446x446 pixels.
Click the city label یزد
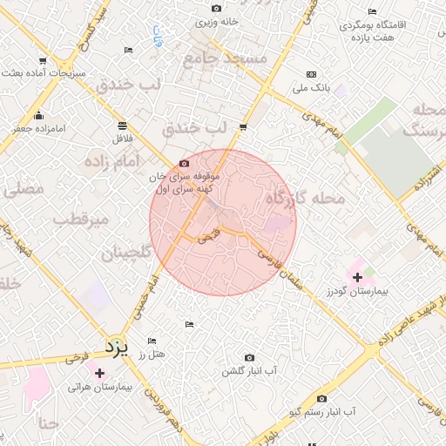click(117, 346)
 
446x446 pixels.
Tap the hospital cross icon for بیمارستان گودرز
click(357, 277)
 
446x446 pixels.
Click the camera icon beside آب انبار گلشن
click(250, 357)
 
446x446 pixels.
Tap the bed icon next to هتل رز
click(152, 341)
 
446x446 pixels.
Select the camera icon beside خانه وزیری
click(215, 9)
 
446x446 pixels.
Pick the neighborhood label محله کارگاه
click(305, 199)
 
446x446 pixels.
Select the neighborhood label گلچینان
click(127, 253)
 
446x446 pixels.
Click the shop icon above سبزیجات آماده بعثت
click(66, 60)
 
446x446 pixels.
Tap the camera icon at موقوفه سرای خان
click(183, 163)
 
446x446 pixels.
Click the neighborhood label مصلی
click(25, 187)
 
